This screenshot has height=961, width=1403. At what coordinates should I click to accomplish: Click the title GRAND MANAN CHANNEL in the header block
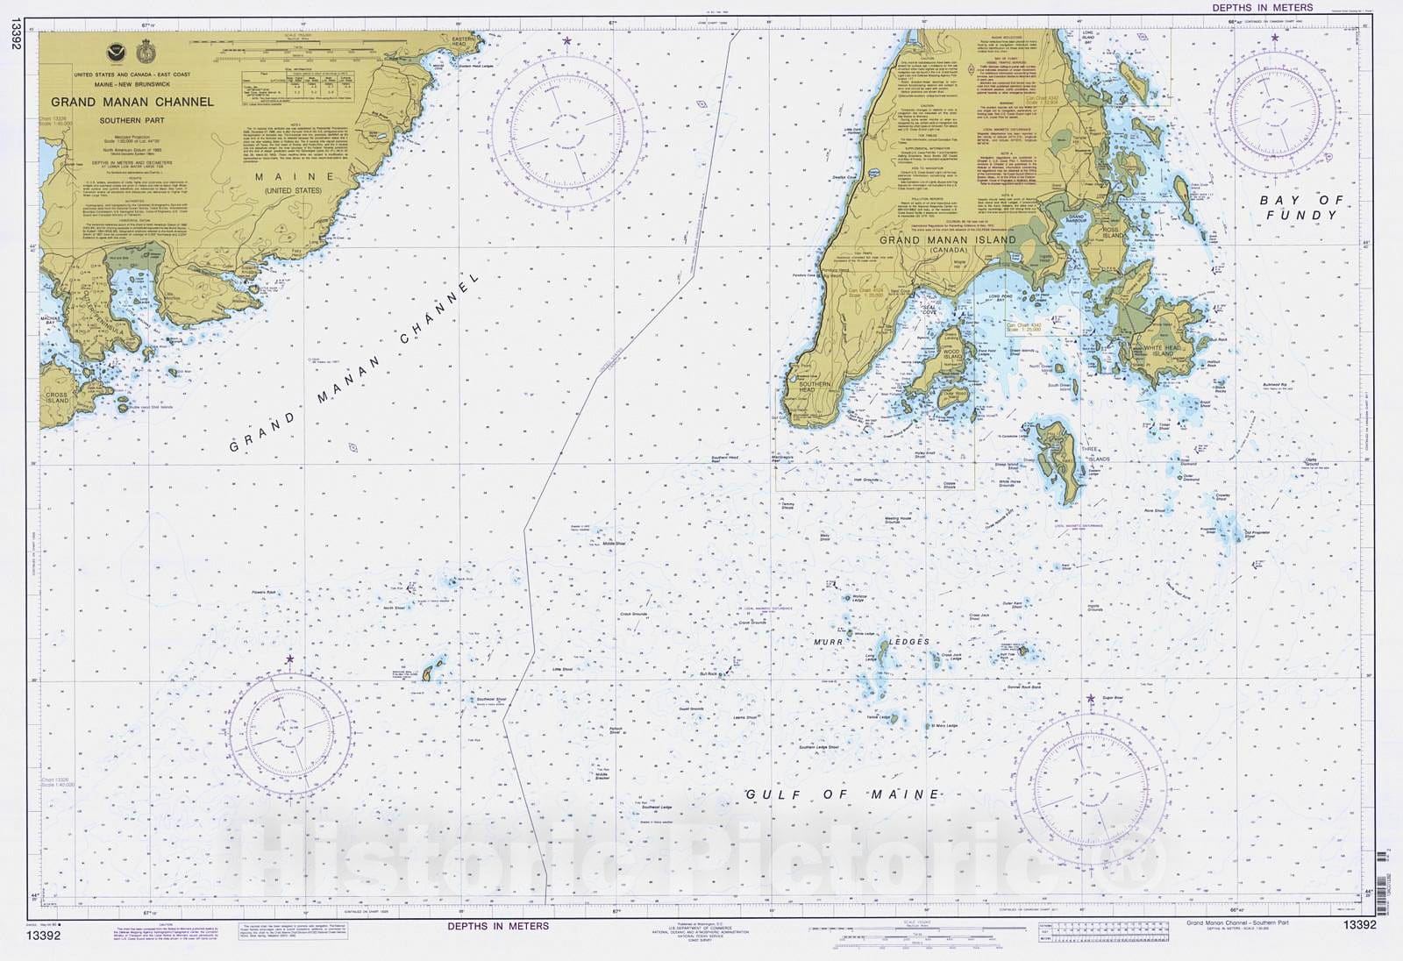[132, 102]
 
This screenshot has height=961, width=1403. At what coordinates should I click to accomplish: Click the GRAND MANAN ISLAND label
[947, 240]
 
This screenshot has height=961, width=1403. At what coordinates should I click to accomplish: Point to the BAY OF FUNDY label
[1301, 207]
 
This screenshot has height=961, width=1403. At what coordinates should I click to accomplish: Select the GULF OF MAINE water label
[843, 794]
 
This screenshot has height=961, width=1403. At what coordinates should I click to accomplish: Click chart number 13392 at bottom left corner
[44, 936]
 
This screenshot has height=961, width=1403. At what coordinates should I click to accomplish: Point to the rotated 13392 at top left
[16, 35]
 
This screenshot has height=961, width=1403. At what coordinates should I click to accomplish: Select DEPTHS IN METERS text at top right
[1263, 8]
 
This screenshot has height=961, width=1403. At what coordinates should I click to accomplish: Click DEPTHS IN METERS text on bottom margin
[498, 926]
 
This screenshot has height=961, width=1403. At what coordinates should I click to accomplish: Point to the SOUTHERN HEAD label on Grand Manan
[815, 388]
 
